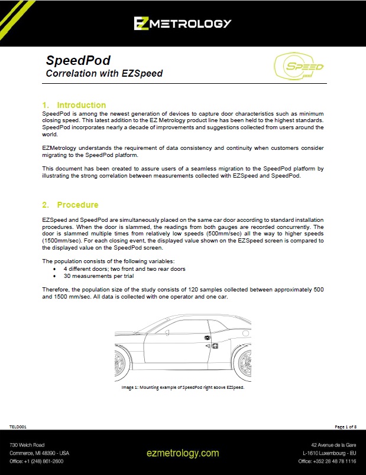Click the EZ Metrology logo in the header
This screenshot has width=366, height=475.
182,23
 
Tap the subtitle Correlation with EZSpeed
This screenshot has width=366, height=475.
104,74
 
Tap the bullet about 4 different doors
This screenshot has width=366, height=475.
125,268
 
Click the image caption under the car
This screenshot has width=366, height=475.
183,388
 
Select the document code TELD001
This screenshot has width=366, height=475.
18,425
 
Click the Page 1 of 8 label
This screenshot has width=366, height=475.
345,425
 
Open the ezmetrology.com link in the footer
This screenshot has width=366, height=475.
183,453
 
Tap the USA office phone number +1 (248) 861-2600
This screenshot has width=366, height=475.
36,461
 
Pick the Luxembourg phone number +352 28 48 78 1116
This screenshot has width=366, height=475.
327,461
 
